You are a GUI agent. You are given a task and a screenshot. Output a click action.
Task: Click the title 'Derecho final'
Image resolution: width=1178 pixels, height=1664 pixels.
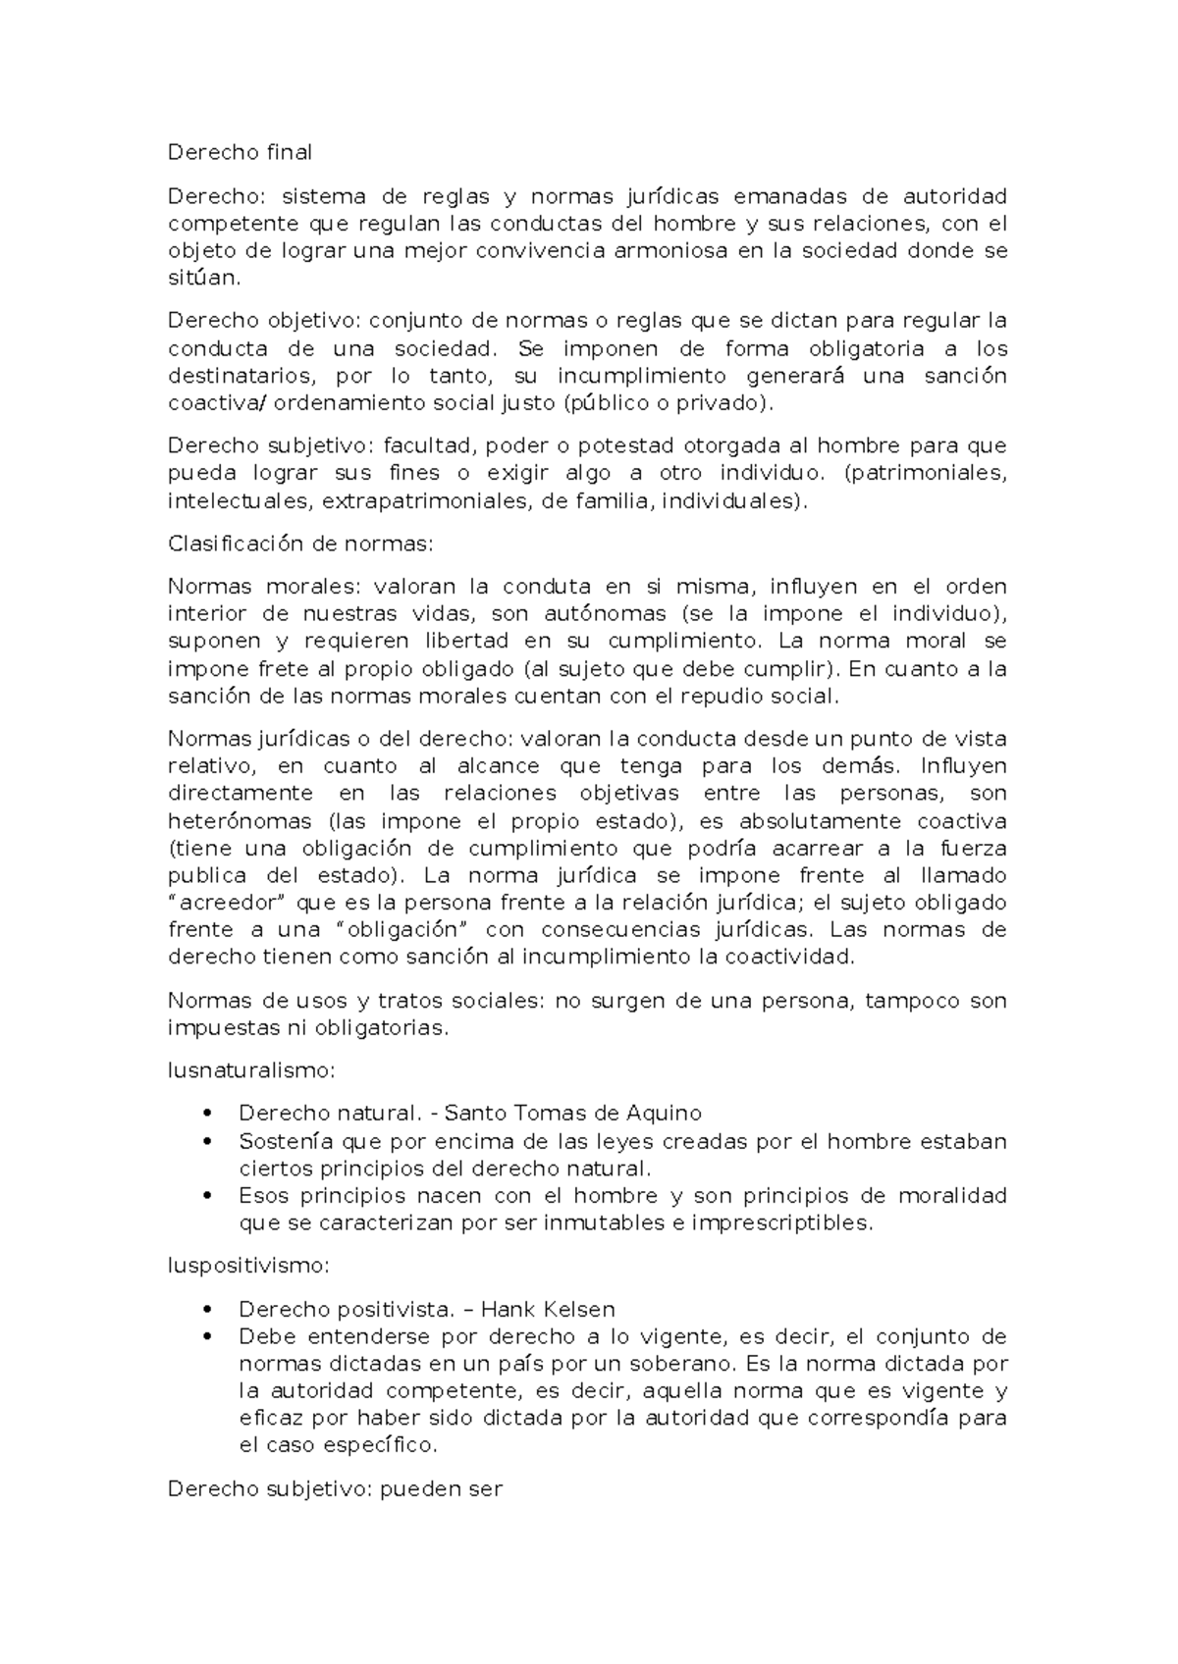tap(240, 152)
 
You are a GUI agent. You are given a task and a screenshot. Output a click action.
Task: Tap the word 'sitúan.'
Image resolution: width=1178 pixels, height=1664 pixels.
tap(203, 278)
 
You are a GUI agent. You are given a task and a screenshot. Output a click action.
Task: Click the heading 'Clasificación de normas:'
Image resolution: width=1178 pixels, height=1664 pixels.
tap(299, 544)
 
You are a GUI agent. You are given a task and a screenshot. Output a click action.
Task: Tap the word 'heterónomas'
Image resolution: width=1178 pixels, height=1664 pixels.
tap(241, 820)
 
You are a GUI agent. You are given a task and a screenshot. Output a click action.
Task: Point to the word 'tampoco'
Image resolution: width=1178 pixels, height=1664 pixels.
tap(912, 1001)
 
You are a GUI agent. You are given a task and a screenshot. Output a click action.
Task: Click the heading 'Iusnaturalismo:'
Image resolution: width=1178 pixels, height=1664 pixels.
tap(251, 1070)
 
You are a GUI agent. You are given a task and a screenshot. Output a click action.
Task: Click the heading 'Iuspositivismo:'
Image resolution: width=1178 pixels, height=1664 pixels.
tap(249, 1266)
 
